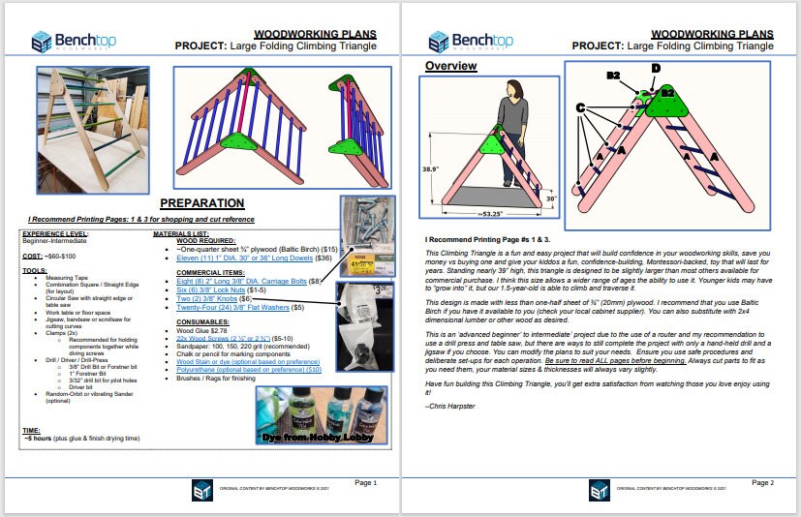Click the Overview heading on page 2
(x=451, y=66)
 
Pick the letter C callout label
(x=580, y=107)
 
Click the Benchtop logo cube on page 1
(x=42, y=42)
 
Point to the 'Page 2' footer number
(x=760, y=482)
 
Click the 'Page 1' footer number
(x=365, y=482)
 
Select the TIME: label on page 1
(x=31, y=430)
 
